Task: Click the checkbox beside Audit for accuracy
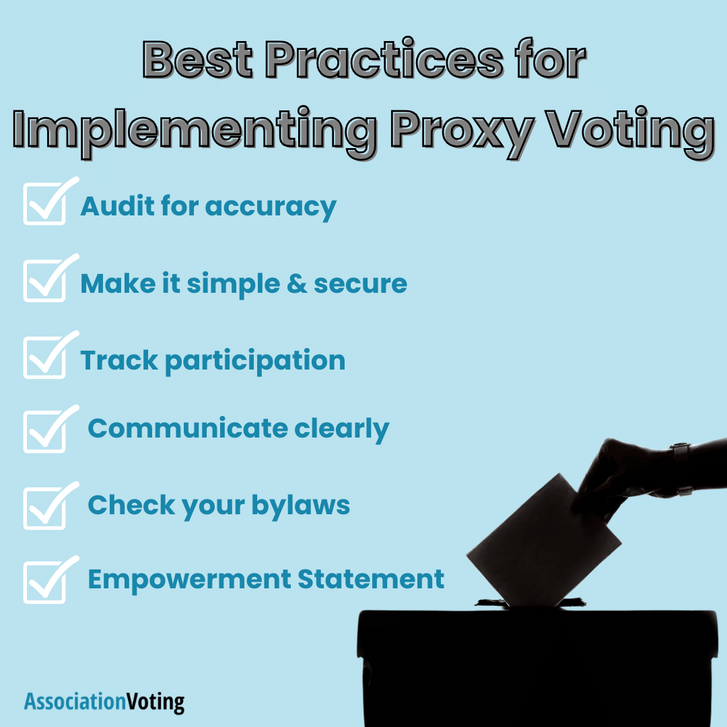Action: click(x=45, y=205)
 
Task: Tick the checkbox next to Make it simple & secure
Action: click(x=45, y=281)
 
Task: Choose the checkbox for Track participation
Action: click(x=45, y=358)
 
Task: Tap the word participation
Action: click(x=255, y=361)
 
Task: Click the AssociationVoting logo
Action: click(x=104, y=701)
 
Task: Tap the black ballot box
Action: click(x=539, y=666)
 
